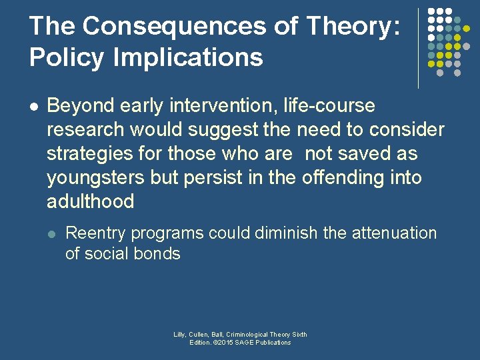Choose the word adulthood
[x=90, y=201]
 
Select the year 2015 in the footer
[x=227, y=343]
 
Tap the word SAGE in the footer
[x=250, y=343]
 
